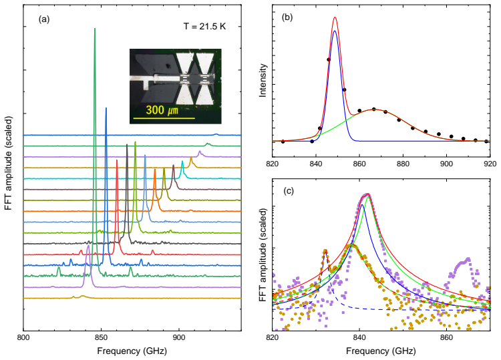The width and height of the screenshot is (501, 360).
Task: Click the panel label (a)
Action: (x=44, y=19)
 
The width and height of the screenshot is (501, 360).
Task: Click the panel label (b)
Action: (x=287, y=17)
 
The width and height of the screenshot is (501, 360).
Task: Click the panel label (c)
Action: (x=289, y=191)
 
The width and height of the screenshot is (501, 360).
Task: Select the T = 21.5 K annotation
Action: (x=204, y=26)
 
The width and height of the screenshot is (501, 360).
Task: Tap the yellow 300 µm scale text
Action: (x=162, y=110)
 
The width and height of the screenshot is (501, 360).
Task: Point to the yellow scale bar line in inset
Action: (x=164, y=118)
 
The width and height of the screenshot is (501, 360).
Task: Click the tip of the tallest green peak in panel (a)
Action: (x=95, y=29)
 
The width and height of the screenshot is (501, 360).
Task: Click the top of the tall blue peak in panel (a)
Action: (x=106, y=108)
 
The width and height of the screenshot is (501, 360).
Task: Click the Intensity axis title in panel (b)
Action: (x=263, y=80)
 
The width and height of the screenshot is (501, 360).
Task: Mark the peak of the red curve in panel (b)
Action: (x=335, y=17)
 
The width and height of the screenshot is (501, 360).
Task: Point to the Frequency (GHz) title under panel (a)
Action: (x=132, y=351)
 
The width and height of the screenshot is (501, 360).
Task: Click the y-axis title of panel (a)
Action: (x=9, y=163)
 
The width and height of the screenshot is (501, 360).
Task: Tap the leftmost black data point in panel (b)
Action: (x=283, y=142)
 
